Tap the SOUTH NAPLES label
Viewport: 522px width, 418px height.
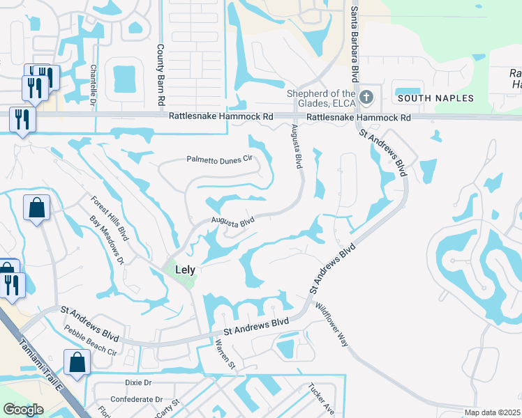point(435,98)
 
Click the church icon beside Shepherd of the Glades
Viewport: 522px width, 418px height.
point(367,95)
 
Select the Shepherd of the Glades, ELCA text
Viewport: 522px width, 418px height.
point(322,99)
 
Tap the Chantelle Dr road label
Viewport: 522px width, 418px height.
point(93,83)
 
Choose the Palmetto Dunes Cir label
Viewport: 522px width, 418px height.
point(218,160)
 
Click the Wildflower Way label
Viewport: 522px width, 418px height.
point(331,325)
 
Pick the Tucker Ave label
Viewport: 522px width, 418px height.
point(322,398)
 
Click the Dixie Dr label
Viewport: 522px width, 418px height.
point(138,382)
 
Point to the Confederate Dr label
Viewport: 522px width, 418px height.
point(140,399)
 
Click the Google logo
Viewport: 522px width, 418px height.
point(23,410)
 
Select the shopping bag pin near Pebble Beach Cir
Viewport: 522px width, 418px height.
point(76,362)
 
